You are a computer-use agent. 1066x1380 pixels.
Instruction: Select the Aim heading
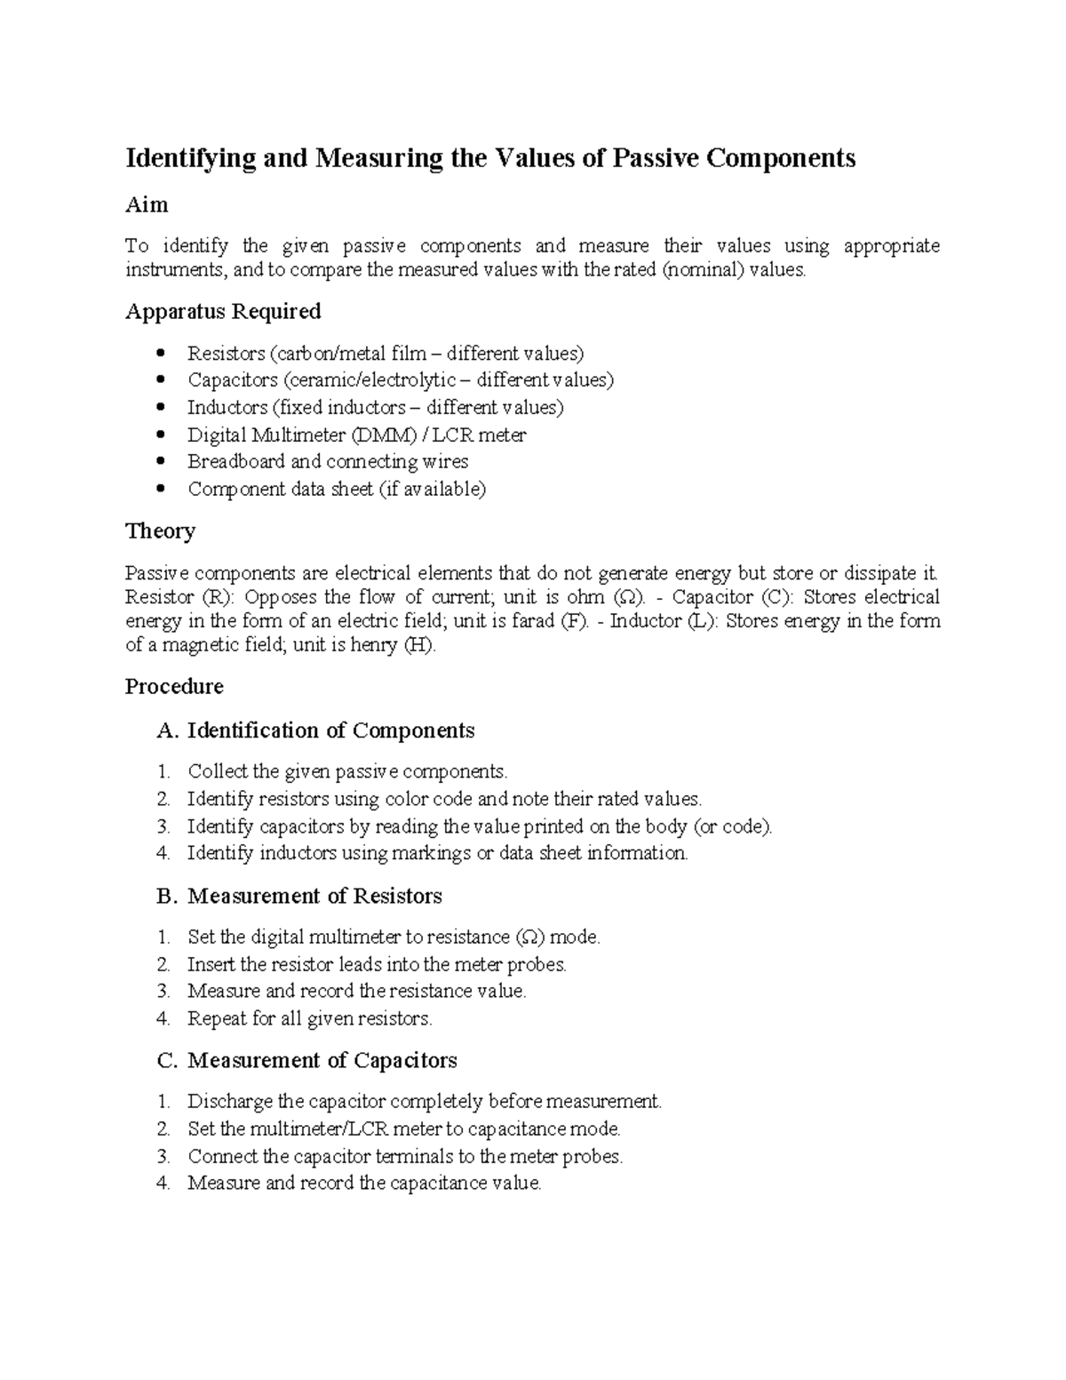(147, 204)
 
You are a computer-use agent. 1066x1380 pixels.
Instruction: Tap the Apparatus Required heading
(223, 311)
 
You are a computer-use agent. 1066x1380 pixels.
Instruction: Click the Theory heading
(160, 530)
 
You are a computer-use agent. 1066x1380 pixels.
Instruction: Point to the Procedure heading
(174, 686)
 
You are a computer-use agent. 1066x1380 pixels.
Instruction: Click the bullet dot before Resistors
(160, 354)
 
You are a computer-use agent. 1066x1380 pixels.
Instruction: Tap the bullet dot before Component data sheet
(160, 489)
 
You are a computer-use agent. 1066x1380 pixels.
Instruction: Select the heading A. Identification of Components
(315, 730)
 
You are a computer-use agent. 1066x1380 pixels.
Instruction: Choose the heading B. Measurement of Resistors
(299, 896)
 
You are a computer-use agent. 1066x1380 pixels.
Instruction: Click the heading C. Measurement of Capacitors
(306, 1060)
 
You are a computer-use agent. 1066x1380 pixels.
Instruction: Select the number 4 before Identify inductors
(163, 853)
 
